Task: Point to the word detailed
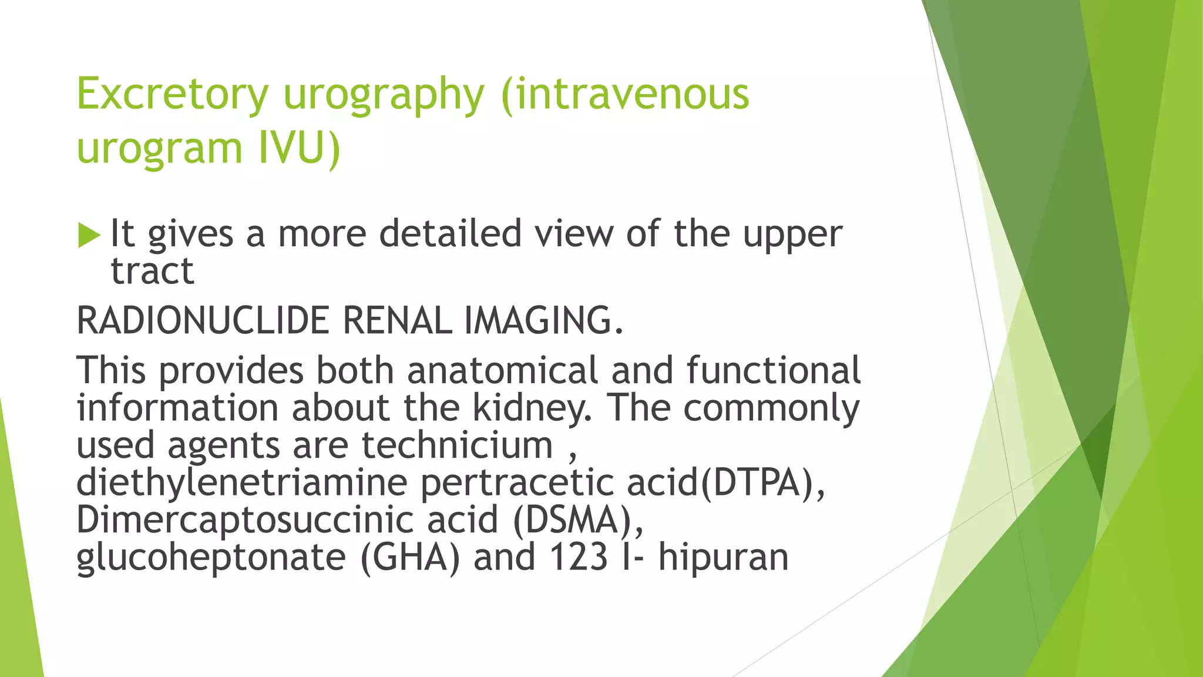tap(450, 233)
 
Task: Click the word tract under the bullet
tap(152, 271)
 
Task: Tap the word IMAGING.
tap(543, 321)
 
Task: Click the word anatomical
tap(502, 370)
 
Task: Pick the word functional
tap(773, 370)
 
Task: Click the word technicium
tap(457, 445)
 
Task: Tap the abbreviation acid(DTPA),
tap(726, 482)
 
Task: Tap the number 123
tap(578, 557)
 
